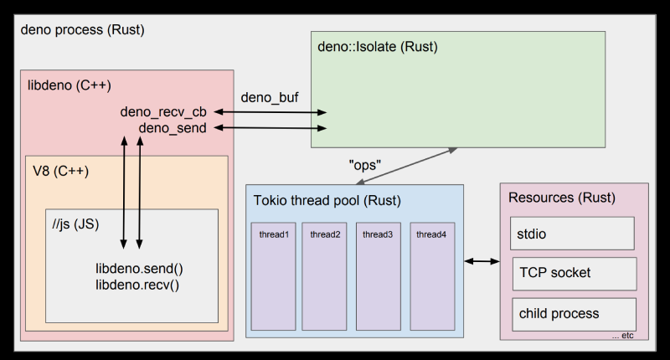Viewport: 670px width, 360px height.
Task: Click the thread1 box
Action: tap(274, 276)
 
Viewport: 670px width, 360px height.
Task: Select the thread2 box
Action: tap(325, 276)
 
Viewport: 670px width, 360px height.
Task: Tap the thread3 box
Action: tap(379, 276)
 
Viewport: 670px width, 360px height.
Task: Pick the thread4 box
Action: tap(431, 276)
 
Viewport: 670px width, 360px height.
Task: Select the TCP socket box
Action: tap(574, 273)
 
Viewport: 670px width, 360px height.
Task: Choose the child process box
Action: tap(574, 314)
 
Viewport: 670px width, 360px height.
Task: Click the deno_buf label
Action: tap(270, 97)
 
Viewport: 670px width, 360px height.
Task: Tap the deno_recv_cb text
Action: tap(164, 111)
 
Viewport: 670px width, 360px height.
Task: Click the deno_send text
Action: tap(173, 127)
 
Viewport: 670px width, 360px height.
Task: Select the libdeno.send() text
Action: tap(138, 269)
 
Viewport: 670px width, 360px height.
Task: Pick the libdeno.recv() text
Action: tap(138, 284)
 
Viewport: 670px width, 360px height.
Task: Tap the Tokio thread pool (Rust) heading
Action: tap(327, 201)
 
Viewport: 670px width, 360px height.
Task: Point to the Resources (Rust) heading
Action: tap(562, 198)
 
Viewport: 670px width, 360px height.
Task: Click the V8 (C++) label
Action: tap(60, 171)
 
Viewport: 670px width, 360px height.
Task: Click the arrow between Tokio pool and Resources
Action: tap(482, 262)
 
